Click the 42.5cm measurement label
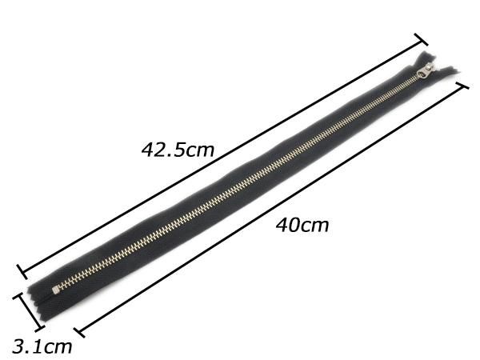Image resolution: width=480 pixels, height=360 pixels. tap(178, 150)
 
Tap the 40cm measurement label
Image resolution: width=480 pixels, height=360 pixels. tap(302, 226)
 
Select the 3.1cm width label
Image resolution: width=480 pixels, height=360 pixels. tap(42, 347)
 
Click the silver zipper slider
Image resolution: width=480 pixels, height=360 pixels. tap(426, 71)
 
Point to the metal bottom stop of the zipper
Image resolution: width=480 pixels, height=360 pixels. tap(55, 290)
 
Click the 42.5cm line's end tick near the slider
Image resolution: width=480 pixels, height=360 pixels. tap(421, 39)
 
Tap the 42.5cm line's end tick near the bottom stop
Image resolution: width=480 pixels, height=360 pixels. tap(22, 271)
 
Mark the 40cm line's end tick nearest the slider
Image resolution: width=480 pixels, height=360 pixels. tap(462, 86)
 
